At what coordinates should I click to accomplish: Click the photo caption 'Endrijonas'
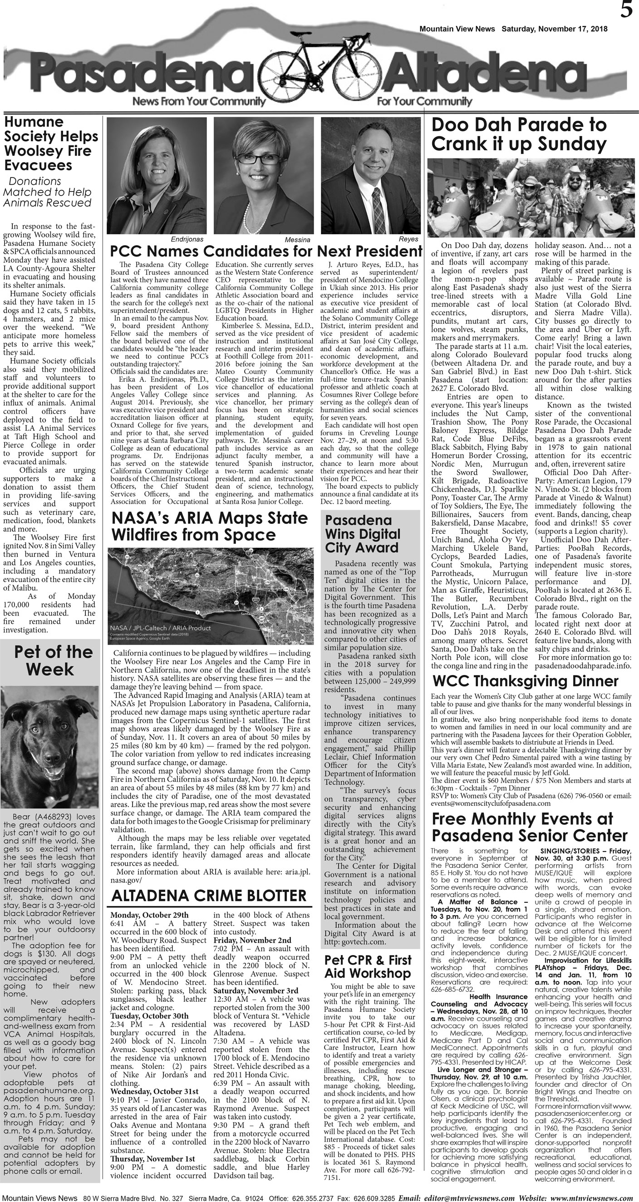tap(187, 239)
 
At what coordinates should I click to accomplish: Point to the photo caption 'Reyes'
tap(408, 239)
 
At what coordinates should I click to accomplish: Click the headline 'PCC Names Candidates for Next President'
tap(266, 251)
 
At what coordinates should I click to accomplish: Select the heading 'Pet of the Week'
tap(50, 660)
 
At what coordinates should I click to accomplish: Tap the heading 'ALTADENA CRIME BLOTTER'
tap(209, 896)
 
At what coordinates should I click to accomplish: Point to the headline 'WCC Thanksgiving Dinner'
tap(525, 681)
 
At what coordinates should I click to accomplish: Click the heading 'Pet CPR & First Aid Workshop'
tap(368, 966)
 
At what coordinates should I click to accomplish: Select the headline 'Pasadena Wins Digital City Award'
tap(363, 534)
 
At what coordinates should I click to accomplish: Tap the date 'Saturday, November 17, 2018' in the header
tap(554, 29)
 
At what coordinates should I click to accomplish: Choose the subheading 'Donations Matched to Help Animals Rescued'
tap(47, 192)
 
